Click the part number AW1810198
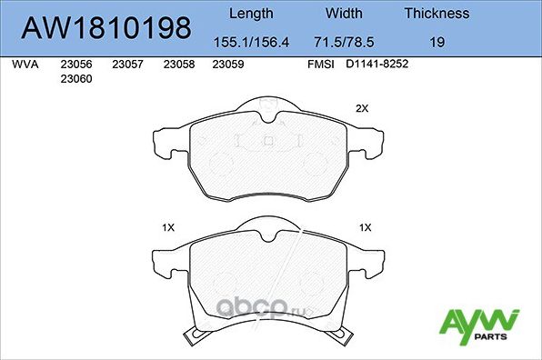[106, 28]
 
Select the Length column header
[250, 14]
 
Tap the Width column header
[344, 14]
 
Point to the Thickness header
[437, 14]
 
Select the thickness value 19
[437, 42]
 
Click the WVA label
[25, 65]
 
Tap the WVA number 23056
[75, 65]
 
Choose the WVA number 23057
[127, 65]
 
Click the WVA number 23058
[178, 65]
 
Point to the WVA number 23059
[226, 65]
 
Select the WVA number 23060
[75, 79]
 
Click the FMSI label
[321, 65]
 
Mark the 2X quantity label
[361, 108]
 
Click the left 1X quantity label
[167, 227]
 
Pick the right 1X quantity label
[366, 227]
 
